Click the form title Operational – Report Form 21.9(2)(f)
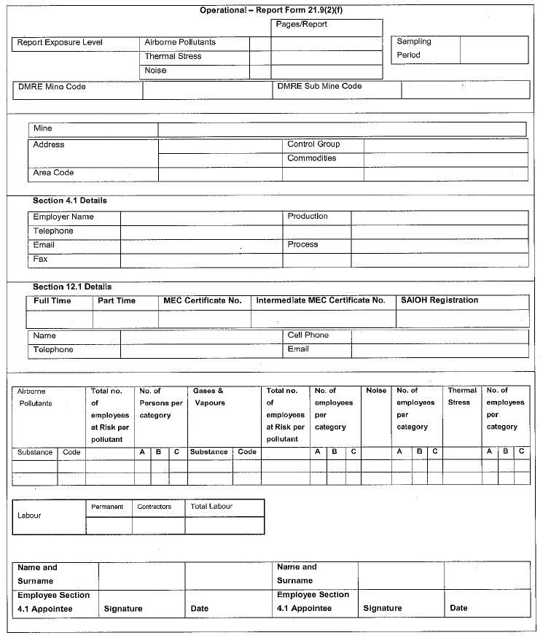(271, 10)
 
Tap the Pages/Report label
(301, 25)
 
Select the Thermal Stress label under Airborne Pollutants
(173, 56)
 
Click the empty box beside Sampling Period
(493, 49)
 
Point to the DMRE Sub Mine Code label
(319, 86)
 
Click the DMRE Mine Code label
(50, 87)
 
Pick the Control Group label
(313, 144)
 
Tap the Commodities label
(311, 158)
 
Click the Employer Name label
(63, 217)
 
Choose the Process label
(302, 244)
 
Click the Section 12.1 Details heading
(72, 287)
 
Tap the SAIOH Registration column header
(440, 300)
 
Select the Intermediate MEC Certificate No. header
(320, 300)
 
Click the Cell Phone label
(308, 335)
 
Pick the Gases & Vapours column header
(208, 397)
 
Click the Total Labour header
(211, 506)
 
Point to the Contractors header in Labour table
(154, 506)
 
